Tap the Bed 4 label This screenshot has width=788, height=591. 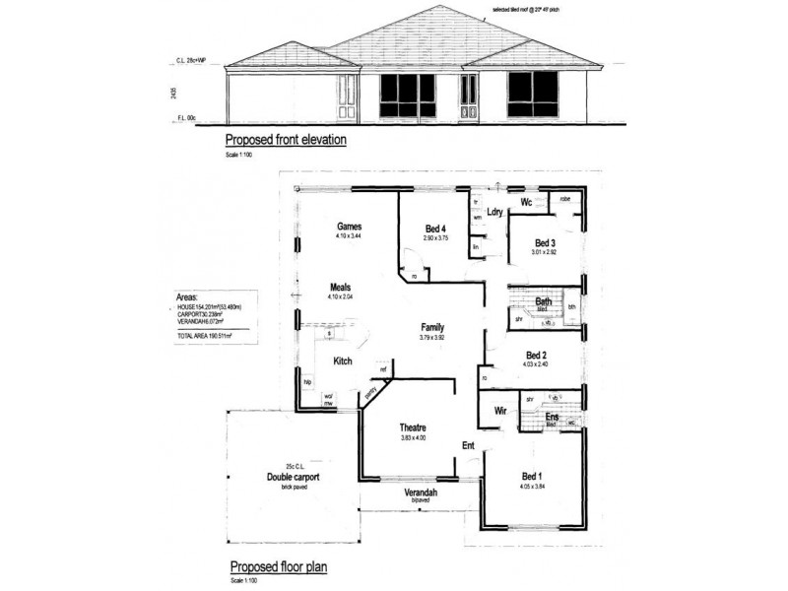click(435, 230)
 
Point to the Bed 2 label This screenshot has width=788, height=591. click(537, 355)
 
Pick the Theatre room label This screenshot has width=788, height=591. click(412, 427)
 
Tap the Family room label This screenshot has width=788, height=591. click(432, 326)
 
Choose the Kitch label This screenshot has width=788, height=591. click(343, 361)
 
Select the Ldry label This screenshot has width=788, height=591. click(495, 212)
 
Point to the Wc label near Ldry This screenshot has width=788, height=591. click(527, 203)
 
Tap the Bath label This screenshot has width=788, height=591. click(543, 301)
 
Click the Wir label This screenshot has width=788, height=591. click(499, 411)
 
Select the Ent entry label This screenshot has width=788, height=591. click(468, 446)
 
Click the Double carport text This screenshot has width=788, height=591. click(294, 477)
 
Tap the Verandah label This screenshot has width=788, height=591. click(421, 492)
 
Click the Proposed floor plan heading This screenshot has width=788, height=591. click(278, 567)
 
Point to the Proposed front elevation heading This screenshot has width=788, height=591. click(286, 140)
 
